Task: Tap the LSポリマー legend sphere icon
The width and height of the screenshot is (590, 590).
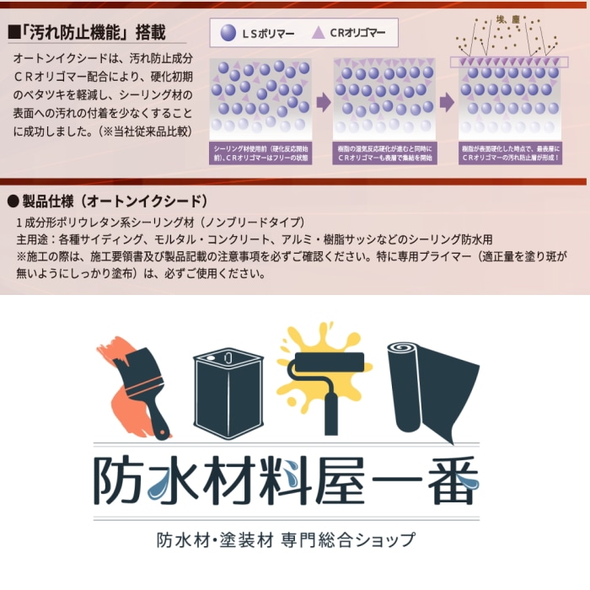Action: coord(228,33)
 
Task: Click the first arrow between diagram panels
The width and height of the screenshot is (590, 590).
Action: coord(321,103)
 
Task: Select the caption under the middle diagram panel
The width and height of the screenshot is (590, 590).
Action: coord(383,153)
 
